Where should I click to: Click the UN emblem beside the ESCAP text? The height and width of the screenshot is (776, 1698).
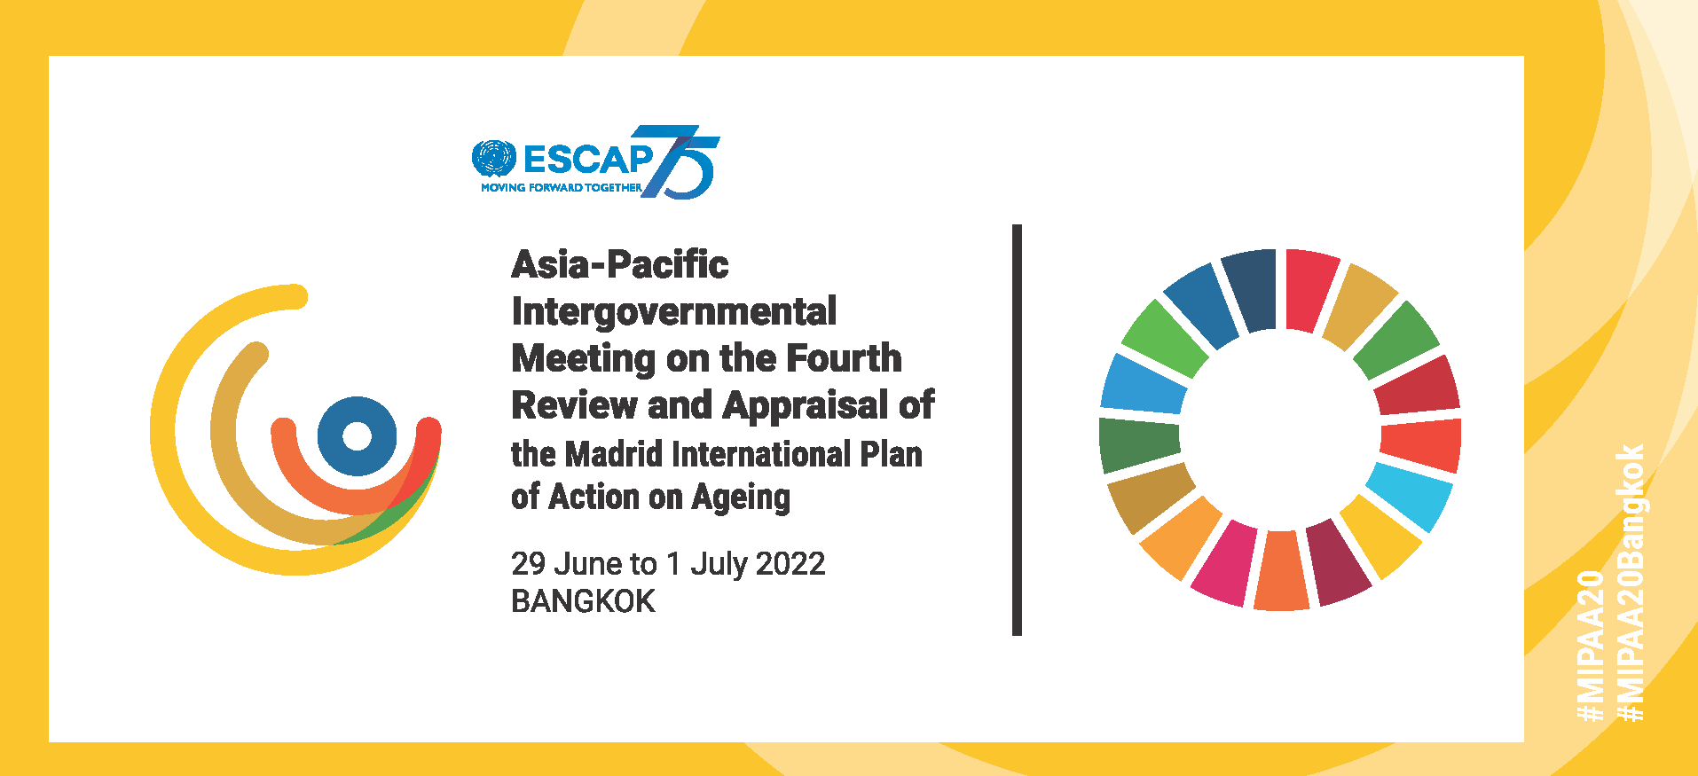point(493,159)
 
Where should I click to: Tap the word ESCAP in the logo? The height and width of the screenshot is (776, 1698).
point(589,160)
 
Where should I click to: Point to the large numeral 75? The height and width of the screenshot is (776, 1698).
point(680,161)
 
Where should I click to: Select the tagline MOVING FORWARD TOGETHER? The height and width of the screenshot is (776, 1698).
point(561,187)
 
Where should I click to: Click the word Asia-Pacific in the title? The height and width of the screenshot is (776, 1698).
point(620,264)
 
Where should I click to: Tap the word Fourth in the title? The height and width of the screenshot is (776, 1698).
point(845,358)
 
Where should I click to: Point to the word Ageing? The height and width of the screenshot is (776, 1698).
point(741,498)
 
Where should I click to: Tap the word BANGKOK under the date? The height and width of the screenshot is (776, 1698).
point(583,602)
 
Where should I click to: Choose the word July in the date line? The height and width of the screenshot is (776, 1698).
point(719,565)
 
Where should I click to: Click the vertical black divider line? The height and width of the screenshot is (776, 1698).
point(1017,430)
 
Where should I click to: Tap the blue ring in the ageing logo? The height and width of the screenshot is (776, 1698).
point(357,436)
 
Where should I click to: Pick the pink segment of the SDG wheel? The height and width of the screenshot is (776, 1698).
point(1224,563)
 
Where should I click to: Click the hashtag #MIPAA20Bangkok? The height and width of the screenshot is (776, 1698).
point(1631,583)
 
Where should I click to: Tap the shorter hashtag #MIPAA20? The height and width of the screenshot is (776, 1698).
point(1591,646)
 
